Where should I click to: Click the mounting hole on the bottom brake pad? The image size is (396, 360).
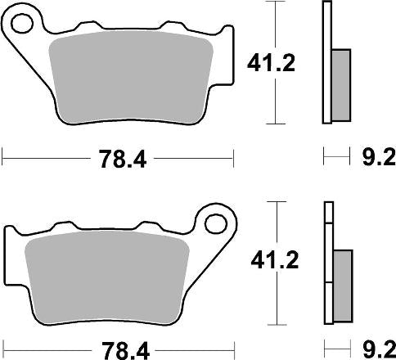tap(215, 221)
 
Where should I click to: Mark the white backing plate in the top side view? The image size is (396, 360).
tap(327, 65)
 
